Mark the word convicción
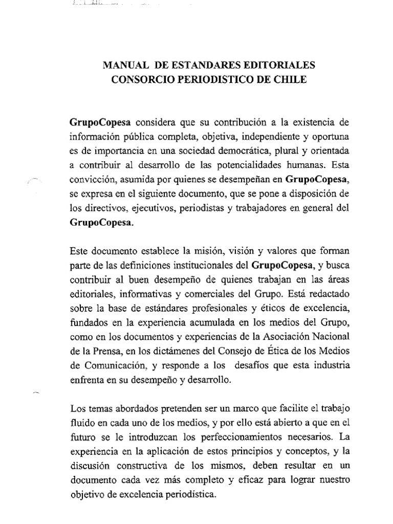[x=91, y=180]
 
